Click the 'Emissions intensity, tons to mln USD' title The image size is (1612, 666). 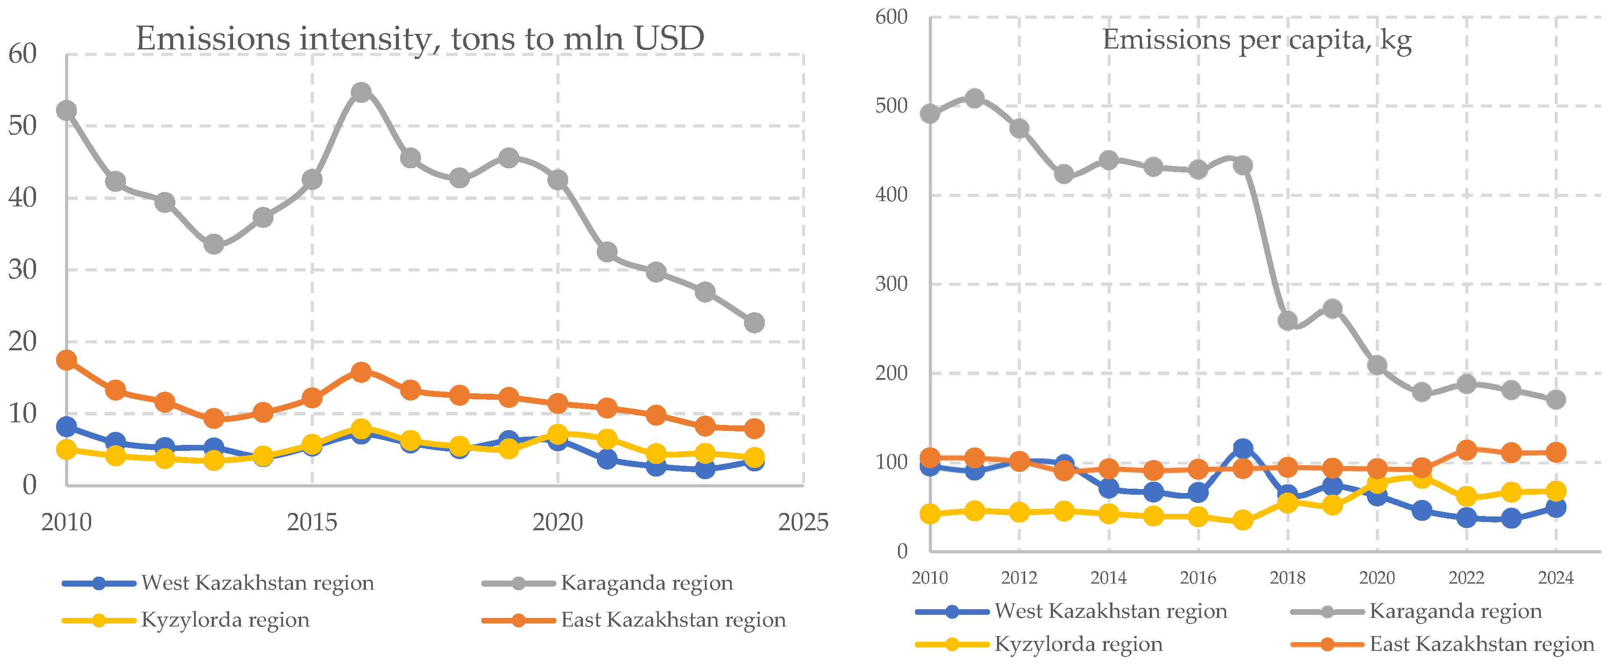(420, 39)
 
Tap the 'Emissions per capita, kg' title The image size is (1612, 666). (1257, 40)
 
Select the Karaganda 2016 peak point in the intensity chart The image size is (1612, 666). (361, 92)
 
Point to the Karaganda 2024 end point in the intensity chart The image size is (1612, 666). (754, 323)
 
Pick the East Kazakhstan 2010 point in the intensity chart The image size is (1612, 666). (66, 360)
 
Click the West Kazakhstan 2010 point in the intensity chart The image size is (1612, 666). (66, 427)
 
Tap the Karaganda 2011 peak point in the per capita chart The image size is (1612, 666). (974, 98)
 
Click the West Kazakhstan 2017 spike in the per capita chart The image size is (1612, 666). (1243, 449)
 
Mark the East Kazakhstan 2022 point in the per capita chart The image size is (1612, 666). (1466, 450)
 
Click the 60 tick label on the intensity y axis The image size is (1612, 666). (23, 54)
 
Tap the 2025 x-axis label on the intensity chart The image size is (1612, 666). (803, 522)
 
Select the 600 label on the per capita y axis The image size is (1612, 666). (891, 17)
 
